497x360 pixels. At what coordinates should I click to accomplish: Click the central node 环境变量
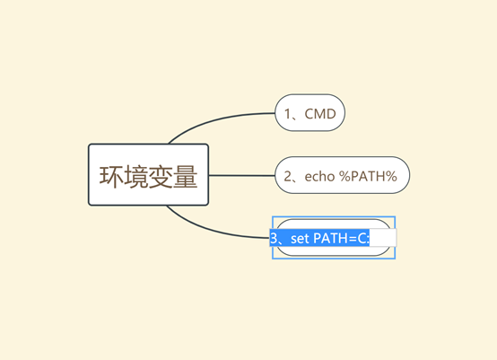click(x=148, y=175)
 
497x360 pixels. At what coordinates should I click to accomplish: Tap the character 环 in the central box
click(x=111, y=176)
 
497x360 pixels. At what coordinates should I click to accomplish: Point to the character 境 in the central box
click(x=135, y=176)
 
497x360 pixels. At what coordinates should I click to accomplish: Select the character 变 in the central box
click(x=161, y=176)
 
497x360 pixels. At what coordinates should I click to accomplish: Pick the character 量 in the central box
click(x=186, y=176)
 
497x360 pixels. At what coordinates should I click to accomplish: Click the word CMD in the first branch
click(x=320, y=114)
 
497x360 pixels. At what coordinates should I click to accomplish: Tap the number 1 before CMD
click(x=288, y=114)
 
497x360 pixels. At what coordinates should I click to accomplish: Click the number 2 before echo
click(x=288, y=176)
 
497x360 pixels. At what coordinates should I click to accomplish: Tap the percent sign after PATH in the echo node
click(x=391, y=176)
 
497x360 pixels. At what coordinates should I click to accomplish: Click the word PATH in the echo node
click(x=368, y=176)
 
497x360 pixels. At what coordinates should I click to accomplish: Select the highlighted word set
click(x=300, y=238)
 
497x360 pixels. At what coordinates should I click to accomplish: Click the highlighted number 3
click(x=274, y=238)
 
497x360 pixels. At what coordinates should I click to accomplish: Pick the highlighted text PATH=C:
click(x=341, y=238)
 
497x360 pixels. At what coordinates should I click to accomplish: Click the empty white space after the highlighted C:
click(x=383, y=238)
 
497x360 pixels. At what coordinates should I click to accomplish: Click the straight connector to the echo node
click(x=242, y=175)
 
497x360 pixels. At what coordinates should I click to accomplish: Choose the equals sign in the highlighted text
click(x=353, y=239)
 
